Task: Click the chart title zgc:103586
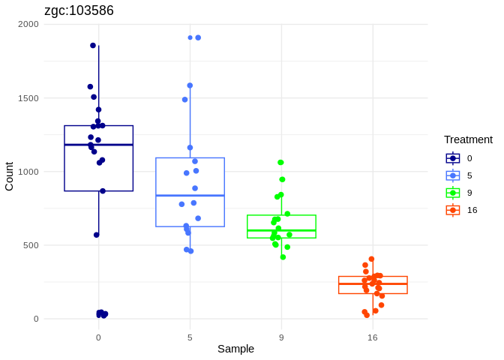pyautogui.click(x=79, y=10)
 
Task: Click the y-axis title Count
pyautogui.click(x=9, y=176)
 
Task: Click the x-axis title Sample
pyautogui.click(x=235, y=349)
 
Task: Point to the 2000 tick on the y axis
pyautogui.click(x=28, y=25)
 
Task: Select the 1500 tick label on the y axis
pyautogui.click(x=28, y=98)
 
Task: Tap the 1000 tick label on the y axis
pyautogui.click(x=28, y=172)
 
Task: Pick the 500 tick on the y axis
pyautogui.click(x=31, y=245)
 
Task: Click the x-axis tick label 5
pyautogui.click(x=190, y=337)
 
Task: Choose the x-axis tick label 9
pyautogui.click(x=281, y=337)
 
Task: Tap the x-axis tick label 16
pyautogui.click(x=373, y=337)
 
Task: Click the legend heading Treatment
pyautogui.click(x=468, y=139)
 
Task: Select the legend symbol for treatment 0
pyautogui.click(x=453, y=158)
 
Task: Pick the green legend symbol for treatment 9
pyautogui.click(x=453, y=193)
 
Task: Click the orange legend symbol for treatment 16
pyautogui.click(x=453, y=210)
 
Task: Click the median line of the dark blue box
pyautogui.click(x=98, y=145)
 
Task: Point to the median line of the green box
pyautogui.click(x=281, y=230)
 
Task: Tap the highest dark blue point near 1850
pyautogui.click(x=93, y=46)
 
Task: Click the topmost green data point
pyautogui.click(x=280, y=162)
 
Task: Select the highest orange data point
pyautogui.click(x=371, y=259)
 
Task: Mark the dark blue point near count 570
pyautogui.click(x=97, y=235)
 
